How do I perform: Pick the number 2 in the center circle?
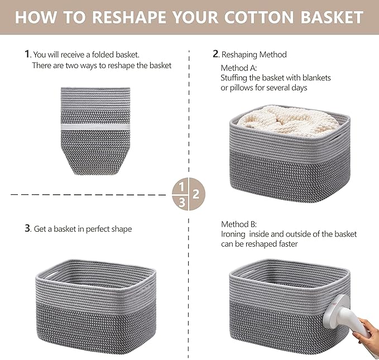[x=196, y=194]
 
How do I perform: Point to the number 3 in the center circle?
[x=181, y=203]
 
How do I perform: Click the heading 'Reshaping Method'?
[x=254, y=54]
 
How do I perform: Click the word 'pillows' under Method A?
[x=244, y=88]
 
